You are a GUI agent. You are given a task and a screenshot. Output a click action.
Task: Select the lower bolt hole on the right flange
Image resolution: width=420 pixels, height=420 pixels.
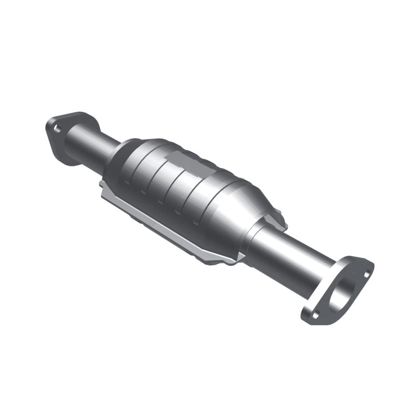316,315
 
